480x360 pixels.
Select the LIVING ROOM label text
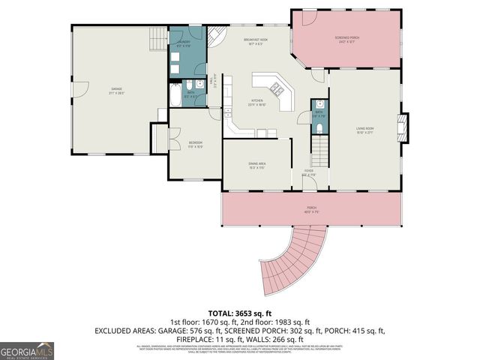(x=364, y=130)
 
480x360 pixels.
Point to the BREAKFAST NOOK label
(x=256, y=40)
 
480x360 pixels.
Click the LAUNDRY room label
(x=183, y=45)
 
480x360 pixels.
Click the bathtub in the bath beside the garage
(x=174, y=96)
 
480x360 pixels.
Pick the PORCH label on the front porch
(x=312, y=210)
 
